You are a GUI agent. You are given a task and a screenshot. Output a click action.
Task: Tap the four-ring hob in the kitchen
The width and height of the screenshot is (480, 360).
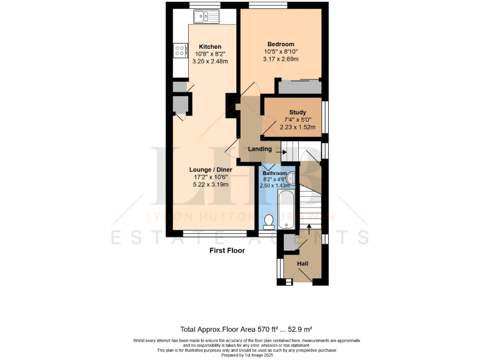tap(181, 50)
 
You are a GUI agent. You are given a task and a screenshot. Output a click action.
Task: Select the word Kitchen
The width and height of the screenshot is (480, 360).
tap(209, 47)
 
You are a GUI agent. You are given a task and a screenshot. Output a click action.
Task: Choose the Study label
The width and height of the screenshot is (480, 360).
tap(297, 112)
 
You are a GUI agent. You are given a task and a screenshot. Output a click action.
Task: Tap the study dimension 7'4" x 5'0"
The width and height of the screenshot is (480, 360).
tap(297, 120)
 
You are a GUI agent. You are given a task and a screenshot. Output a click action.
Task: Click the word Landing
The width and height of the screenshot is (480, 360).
tap(259, 149)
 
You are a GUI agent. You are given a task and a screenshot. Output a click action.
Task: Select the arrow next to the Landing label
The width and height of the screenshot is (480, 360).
tap(279, 149)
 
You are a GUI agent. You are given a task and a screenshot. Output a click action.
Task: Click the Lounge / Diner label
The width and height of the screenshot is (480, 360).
tap(211, 169)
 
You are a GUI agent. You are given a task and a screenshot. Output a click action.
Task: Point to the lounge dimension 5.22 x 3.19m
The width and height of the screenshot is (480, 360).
tap(211, 184)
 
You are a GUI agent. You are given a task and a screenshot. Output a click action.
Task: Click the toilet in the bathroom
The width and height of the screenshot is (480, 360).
tap(269, 221)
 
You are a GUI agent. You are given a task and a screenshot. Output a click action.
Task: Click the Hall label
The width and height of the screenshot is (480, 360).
tap(302, 264)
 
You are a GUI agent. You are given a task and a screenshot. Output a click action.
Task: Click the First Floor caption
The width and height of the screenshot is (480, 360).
tap(227, 251)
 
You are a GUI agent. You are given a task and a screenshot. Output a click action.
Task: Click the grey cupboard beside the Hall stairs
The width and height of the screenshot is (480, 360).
tap(290, 242)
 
